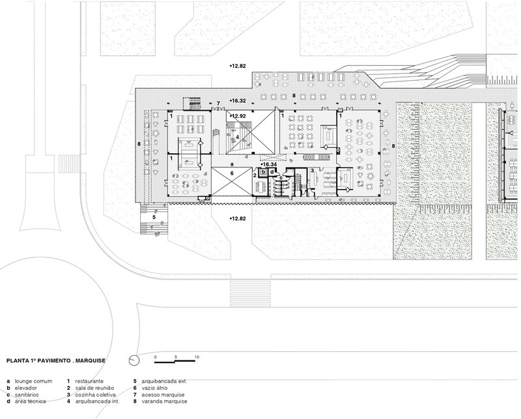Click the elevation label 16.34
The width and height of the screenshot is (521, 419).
[269, 164]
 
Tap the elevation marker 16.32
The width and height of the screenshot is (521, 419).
[238, 100]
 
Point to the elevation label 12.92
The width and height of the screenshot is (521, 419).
[238, 116]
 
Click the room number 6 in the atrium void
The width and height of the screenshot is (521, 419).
[232, 173]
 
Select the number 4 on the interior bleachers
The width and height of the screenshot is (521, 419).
[237, 137]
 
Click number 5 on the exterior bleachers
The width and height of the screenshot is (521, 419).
[154, 217]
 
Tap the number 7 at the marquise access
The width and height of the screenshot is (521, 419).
[218, 104]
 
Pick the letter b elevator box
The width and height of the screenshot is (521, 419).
[264, 172]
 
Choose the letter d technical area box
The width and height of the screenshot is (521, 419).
[272, 172]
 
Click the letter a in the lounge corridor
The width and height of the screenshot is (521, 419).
[232, 164]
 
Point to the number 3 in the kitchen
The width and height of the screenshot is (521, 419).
[312, 171]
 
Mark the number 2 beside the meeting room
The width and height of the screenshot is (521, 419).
[255, 175]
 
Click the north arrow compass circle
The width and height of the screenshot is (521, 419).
[134, 360]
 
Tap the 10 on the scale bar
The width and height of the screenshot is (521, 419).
[197, 357]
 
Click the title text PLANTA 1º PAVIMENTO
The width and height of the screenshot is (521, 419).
[38, 360]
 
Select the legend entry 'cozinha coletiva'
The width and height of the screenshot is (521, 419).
[95, 395]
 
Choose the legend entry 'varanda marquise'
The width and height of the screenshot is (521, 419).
[164, 401]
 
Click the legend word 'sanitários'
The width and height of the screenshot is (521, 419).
[27, 395]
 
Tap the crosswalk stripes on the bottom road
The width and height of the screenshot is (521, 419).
[251, 293]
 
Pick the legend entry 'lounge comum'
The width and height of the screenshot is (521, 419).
[33, 381]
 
